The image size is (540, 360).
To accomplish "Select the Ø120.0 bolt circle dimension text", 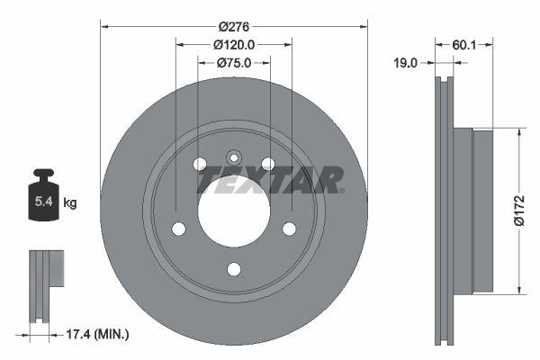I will (234, 44).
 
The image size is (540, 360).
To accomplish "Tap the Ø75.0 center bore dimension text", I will (234, 63).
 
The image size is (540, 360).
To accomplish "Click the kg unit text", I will (70, 203).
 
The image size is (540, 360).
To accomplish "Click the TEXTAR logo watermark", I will (270, 180).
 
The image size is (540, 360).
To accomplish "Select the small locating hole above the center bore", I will (234, 156).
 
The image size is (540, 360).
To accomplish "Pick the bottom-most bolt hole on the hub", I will (234, 268).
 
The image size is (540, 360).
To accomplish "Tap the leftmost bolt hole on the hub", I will (178, 229).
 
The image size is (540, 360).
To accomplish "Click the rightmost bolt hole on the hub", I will (290, 229).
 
